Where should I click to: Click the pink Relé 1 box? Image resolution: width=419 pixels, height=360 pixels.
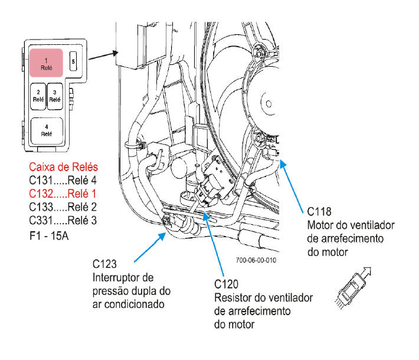click(x=46, y=63)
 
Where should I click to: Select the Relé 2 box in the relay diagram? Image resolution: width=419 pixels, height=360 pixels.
click(x=38, y=96)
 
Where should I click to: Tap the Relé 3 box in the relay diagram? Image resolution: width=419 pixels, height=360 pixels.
click(x=55, y=96)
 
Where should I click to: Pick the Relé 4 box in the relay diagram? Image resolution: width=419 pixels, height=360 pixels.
click(x=47, y=131)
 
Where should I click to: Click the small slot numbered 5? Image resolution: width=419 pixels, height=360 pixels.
click(x=73, y=61)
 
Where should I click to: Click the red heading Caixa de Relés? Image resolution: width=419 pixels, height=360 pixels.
click(x=64, y=167)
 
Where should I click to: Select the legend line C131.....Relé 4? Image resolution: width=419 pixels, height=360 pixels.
click(x=63, y=181)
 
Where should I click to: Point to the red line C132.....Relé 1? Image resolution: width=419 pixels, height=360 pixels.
click(x=63, y=194)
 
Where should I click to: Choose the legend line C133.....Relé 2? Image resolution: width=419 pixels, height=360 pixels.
click(x=63, y=207)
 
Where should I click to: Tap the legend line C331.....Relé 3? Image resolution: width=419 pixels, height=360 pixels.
click(x=63, y=220)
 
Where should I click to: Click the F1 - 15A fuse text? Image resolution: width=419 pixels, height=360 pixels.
click(x=49, y=235)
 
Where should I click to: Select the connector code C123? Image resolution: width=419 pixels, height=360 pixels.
click(x=104, y=264)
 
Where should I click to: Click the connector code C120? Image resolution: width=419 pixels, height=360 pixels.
click(x=226, y=284)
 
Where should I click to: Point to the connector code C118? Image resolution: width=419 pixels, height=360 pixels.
click(x=319, y=212)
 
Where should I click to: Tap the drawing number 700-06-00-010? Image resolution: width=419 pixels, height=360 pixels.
click(x=256, y=260)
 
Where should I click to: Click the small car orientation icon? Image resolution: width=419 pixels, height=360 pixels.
click(x=352, y=288)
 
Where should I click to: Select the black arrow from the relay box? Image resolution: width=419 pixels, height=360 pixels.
click(x=103, y=55)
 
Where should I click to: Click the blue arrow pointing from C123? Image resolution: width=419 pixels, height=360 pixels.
click(x=150, y=247)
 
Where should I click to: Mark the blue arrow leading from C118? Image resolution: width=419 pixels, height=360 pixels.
click(x=292, y=186)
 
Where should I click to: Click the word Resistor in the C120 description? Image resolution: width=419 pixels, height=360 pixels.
click(x=231, y=297)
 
